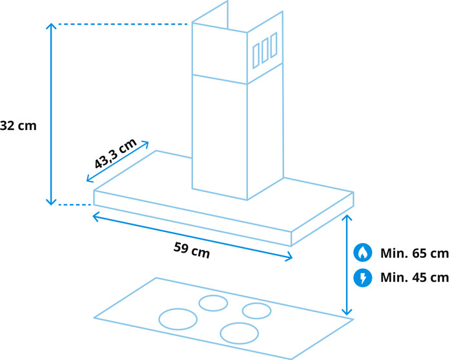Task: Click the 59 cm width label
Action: coord(192,250)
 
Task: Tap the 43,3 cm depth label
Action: coord(116,153)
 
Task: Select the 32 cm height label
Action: coord(18,126)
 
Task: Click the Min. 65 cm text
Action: coord(415,253)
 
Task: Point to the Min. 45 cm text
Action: coord(415,277)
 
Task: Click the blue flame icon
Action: coord(363,253)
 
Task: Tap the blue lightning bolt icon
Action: coord(363,278)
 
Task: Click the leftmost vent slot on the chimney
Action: coord(256,56)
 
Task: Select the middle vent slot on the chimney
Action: coord(265,50)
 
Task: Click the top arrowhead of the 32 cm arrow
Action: coord(51,24)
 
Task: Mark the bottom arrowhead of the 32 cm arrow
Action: coord(51,204)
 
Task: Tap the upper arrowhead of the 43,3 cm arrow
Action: coord(148,142)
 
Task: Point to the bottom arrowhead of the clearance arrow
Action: coord(347,315)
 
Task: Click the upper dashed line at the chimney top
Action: coord(123,24)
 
